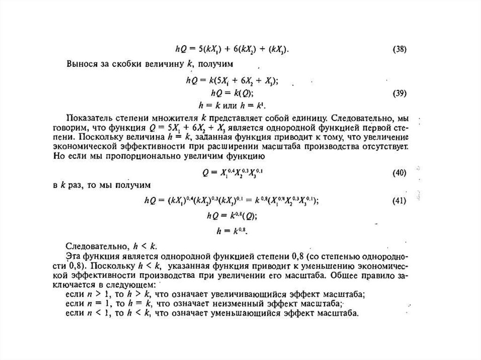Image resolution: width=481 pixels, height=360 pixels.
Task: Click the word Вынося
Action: tap(83, 62)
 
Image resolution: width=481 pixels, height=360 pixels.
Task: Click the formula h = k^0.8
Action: tap(232, 231)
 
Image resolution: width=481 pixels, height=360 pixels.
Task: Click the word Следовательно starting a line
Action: tap(91, 246)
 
